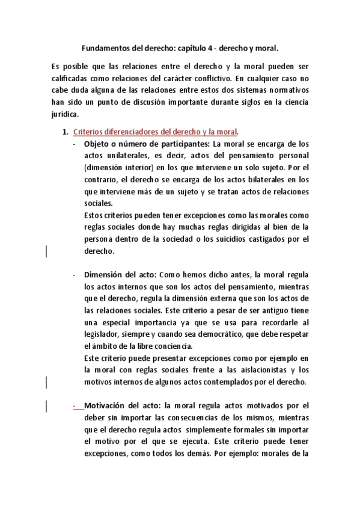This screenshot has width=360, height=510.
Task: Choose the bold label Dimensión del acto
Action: tap(120, 258)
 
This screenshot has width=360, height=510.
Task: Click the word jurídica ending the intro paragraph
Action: tap(66, 114)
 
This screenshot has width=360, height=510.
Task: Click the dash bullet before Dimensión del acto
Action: tap(73, 258)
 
